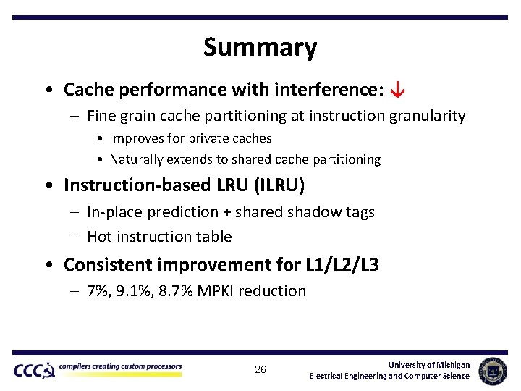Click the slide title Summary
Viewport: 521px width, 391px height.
click(x=260, y=48)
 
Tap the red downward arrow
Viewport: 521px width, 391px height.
click(x=397, y=90)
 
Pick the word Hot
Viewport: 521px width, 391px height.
click(x=99, y=237)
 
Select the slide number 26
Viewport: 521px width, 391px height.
click(x=260, y=370)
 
